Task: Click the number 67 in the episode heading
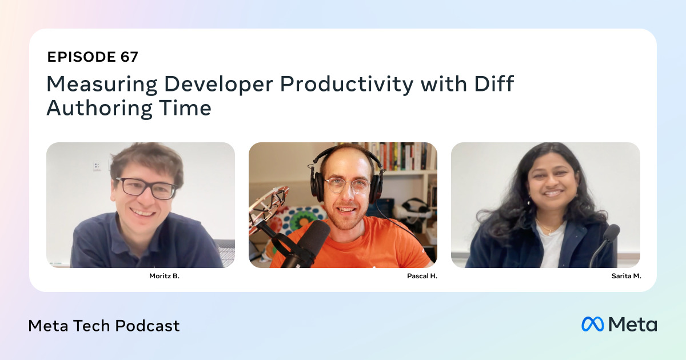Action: click(x=129, y=57)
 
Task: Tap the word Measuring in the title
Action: click(x=101, y=84)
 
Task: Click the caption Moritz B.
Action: click(x=164, y=275)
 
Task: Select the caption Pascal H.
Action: click(x=422, y=275)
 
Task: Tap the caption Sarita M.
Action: click(x=626, y=275)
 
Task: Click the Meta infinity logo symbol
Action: click(x=593, y=324)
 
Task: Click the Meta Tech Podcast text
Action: click(x=104, y=326)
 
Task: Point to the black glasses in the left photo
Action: click(x=146, y=188)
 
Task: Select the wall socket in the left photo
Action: click(x=97, y=166)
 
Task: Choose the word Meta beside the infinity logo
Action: click(x=632, y=324)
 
